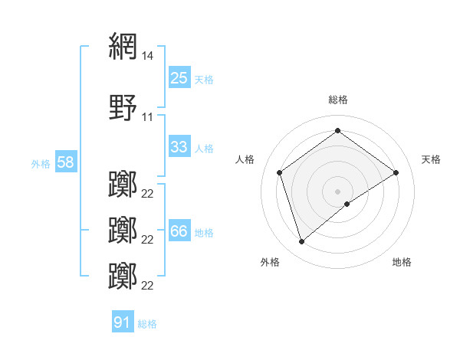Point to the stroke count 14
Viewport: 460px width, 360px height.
coord(148,56)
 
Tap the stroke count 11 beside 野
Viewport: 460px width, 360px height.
coord(148,117)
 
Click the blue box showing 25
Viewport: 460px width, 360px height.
coord(179,78)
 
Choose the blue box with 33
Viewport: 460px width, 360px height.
coord(179,147)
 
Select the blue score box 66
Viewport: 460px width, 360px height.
coord(179,231)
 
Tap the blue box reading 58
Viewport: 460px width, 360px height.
coord(65,162)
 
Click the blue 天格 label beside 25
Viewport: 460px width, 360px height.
coord(204,79)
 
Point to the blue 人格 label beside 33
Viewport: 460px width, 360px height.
coord(204,148)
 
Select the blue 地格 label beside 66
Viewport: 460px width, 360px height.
coord(204,232)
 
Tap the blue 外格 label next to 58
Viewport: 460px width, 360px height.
coord(41,163)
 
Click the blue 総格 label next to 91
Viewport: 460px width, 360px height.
coord(147,323)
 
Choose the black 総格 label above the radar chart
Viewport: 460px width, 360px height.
coord(338,100)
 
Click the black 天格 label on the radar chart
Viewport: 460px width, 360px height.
coord(432,159)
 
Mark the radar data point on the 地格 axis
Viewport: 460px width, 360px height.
coord(347,204)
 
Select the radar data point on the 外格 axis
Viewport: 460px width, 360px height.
coord(301,242)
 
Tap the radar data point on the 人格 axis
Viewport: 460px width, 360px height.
coord(280,172)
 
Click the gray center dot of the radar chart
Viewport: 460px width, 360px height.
coord(338,191)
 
